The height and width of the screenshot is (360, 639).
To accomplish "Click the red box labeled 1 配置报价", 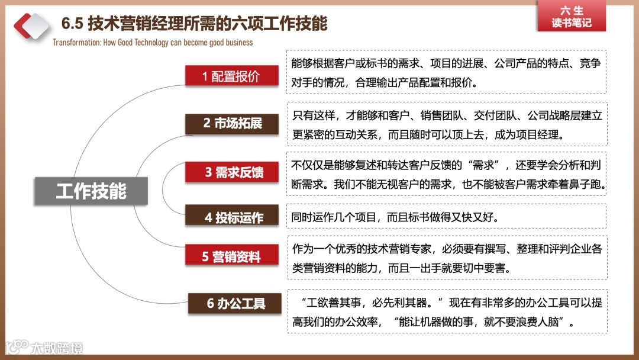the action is (x=231, y=76).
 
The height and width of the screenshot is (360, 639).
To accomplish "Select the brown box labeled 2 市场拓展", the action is (x=233, y=123).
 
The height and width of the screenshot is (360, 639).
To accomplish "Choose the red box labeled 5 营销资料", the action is (x=231, y=256).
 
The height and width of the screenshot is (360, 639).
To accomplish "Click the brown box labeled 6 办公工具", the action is (x=235, y=304).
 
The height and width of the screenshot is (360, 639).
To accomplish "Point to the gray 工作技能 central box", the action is (x=91, y=191).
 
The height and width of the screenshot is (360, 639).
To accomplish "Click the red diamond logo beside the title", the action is (x=31, y=24).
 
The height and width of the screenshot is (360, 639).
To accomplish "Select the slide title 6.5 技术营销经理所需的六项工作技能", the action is (x=195, y=24).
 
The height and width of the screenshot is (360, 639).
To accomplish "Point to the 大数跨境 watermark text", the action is (x=57, y=347).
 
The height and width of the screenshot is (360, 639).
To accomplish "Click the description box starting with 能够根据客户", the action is (x=447, y=72).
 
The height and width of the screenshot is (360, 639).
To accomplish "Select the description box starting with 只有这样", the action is (x=447, y=124).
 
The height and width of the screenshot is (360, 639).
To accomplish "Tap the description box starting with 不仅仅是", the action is (x=447, y=173).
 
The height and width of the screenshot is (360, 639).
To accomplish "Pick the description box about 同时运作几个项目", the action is (x=447, y=217).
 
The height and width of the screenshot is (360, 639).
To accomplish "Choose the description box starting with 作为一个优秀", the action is (x=447, y=258).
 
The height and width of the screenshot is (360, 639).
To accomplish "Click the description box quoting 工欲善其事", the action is (x=447, y=311).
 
